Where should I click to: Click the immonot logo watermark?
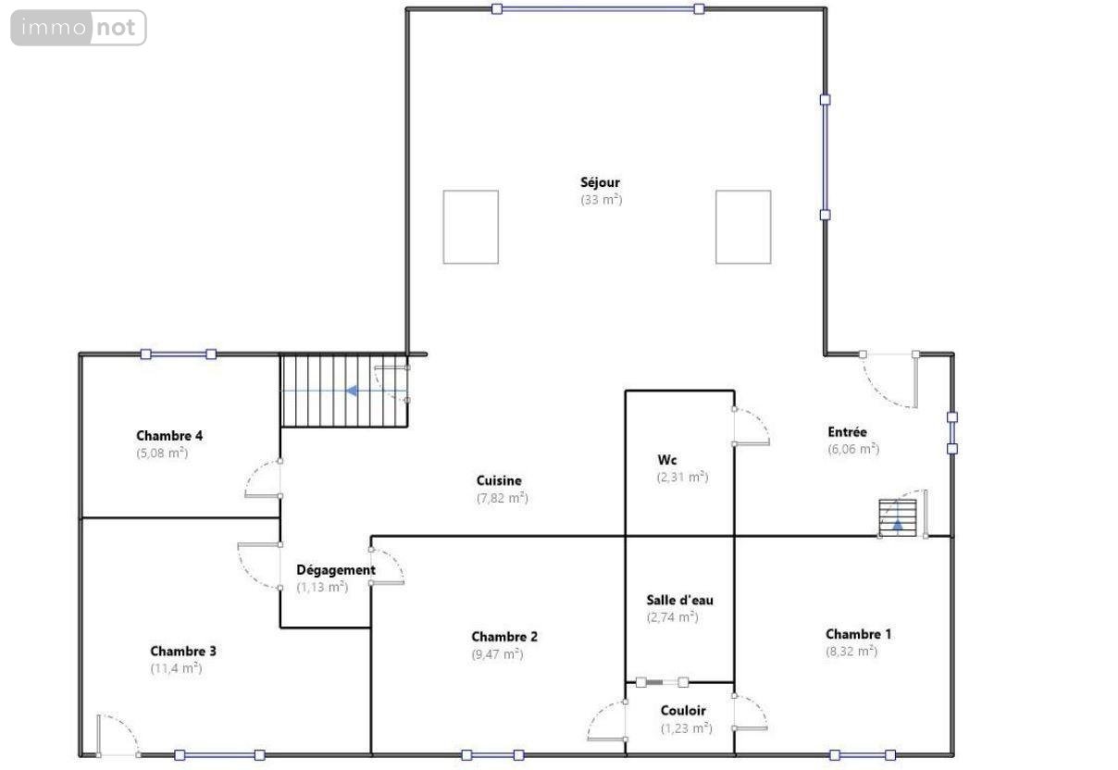point(79,28)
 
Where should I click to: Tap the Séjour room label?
point(600,183)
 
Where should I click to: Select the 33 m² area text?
point(602,200)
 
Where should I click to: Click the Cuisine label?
point(499,480)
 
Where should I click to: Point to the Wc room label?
point(666,460)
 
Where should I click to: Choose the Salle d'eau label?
point(679,600)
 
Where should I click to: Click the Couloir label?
point(683,710)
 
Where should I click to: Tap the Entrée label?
point(847,431)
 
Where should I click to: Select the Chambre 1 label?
point(858,634)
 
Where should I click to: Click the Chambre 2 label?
point(504,636)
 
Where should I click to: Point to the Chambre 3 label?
point(182,651)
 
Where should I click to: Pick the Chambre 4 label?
point(169,436)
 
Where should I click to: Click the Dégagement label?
point(335,570)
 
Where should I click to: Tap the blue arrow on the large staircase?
point(353,391)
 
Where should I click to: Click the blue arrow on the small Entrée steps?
point(898,524)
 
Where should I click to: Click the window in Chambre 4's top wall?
point(179,354)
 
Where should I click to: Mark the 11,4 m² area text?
point(176,668)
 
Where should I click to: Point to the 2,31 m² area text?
point(682,477)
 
